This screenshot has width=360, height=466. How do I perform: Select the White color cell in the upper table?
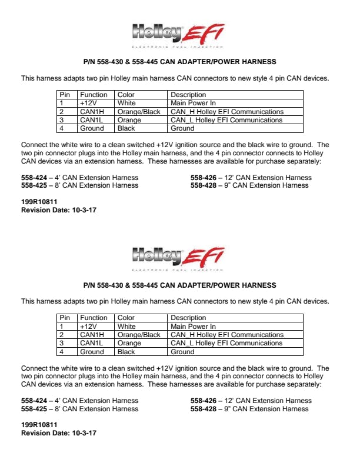click(x=126, y=103)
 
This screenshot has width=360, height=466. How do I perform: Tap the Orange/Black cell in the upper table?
click(x=139, y=112)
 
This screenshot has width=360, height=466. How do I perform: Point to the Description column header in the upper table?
click(x=188, y=95)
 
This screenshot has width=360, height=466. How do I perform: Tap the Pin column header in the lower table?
click(x=65, y=318)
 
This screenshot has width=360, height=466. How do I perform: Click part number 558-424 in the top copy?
click(x=34, y=178)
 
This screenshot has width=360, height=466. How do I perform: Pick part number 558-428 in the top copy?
click(x=203, y=185)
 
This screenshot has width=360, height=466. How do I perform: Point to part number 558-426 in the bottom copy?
click(x=203, y=401)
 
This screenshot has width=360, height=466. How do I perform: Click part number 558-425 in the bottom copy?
click(x=34, y=409)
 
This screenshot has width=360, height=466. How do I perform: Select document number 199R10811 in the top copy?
click(x=39, y=202)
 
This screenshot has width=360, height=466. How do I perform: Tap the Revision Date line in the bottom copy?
click(x=58, y=433)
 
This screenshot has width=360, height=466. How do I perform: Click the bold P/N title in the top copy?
click(x=179, y=62)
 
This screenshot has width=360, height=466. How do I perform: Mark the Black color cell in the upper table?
click(x=126, y=128)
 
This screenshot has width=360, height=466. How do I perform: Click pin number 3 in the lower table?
click(x=61, y=343)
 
